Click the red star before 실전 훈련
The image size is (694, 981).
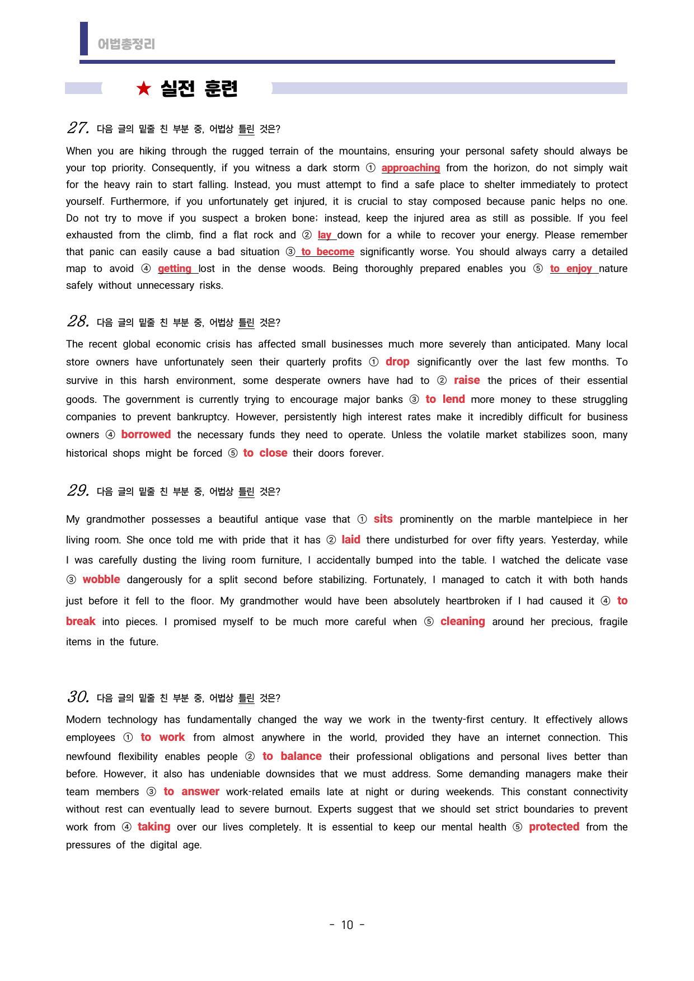144,88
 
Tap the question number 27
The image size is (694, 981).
77,128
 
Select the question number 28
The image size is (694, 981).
77,322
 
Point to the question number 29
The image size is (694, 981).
77,491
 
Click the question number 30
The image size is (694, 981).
77,697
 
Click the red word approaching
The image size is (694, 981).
410,168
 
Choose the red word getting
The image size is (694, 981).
174,269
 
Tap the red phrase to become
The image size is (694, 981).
327,252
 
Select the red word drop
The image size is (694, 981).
397,362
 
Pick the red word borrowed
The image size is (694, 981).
146,435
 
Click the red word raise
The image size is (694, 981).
467,381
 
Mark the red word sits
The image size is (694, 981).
383,519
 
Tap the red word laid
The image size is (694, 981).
351,540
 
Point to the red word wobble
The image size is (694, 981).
101,580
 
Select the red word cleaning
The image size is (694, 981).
462,622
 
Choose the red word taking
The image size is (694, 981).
154,827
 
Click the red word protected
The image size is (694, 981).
554,827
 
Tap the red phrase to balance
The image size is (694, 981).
292,757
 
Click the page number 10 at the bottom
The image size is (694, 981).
347,925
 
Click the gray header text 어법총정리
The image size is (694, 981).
126,44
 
